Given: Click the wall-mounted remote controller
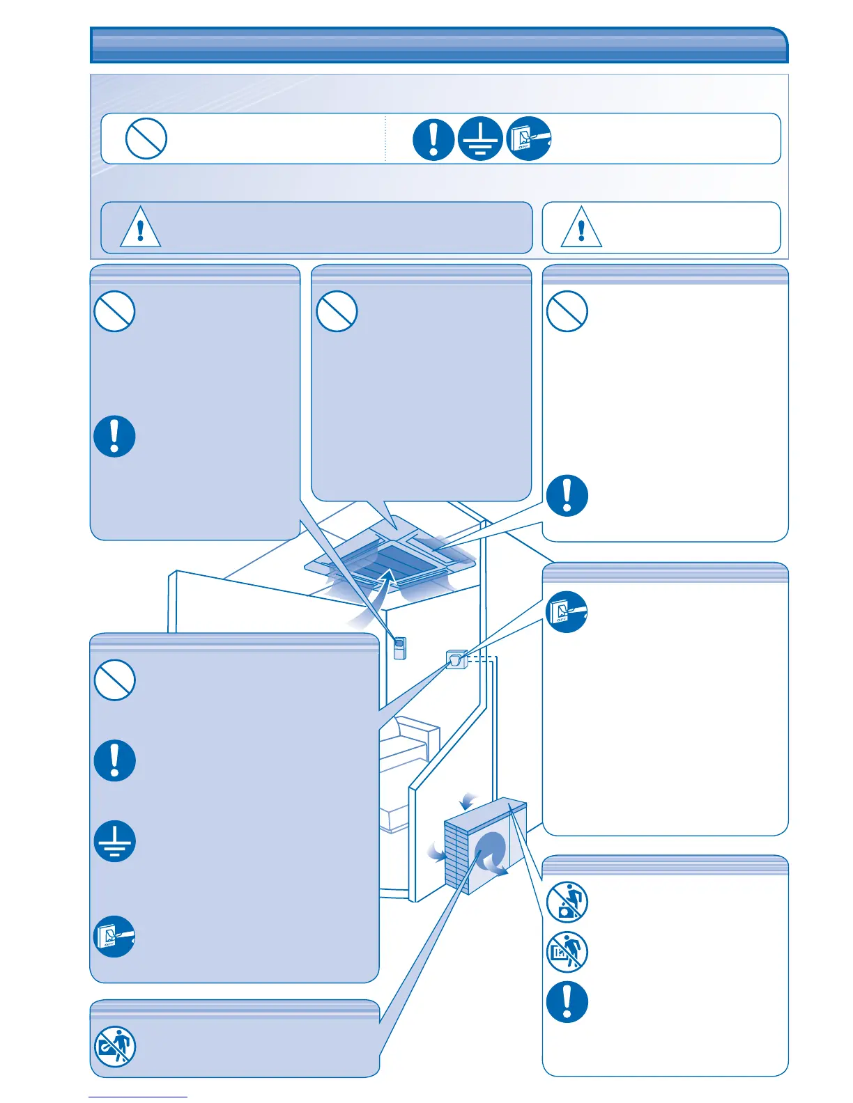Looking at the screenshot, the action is (x=399, y=648).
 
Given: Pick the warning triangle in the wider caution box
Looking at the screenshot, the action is (x=140, y=227).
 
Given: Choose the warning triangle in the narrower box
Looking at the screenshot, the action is (x=581, y=227).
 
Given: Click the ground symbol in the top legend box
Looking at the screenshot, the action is (x=480, y=139).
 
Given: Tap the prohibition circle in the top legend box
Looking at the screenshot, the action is (x=146, y=139).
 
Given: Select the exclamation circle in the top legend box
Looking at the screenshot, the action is (x=433, y=139).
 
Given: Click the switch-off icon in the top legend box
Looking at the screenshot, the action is (x=528, y=139).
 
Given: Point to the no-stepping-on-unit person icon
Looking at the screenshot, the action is (x=567, y=902).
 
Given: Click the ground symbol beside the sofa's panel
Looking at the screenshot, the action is (x=114, y=841).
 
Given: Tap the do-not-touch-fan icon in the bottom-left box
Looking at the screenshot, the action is (x=114, y=1046).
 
